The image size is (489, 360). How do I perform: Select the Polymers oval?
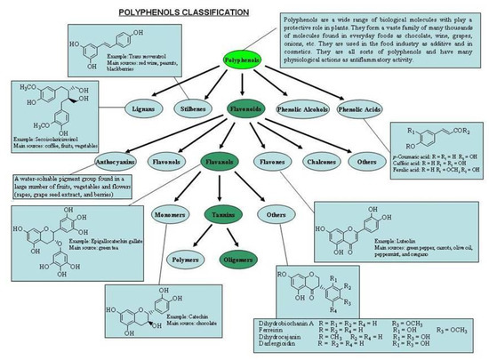tap(185, 260)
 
